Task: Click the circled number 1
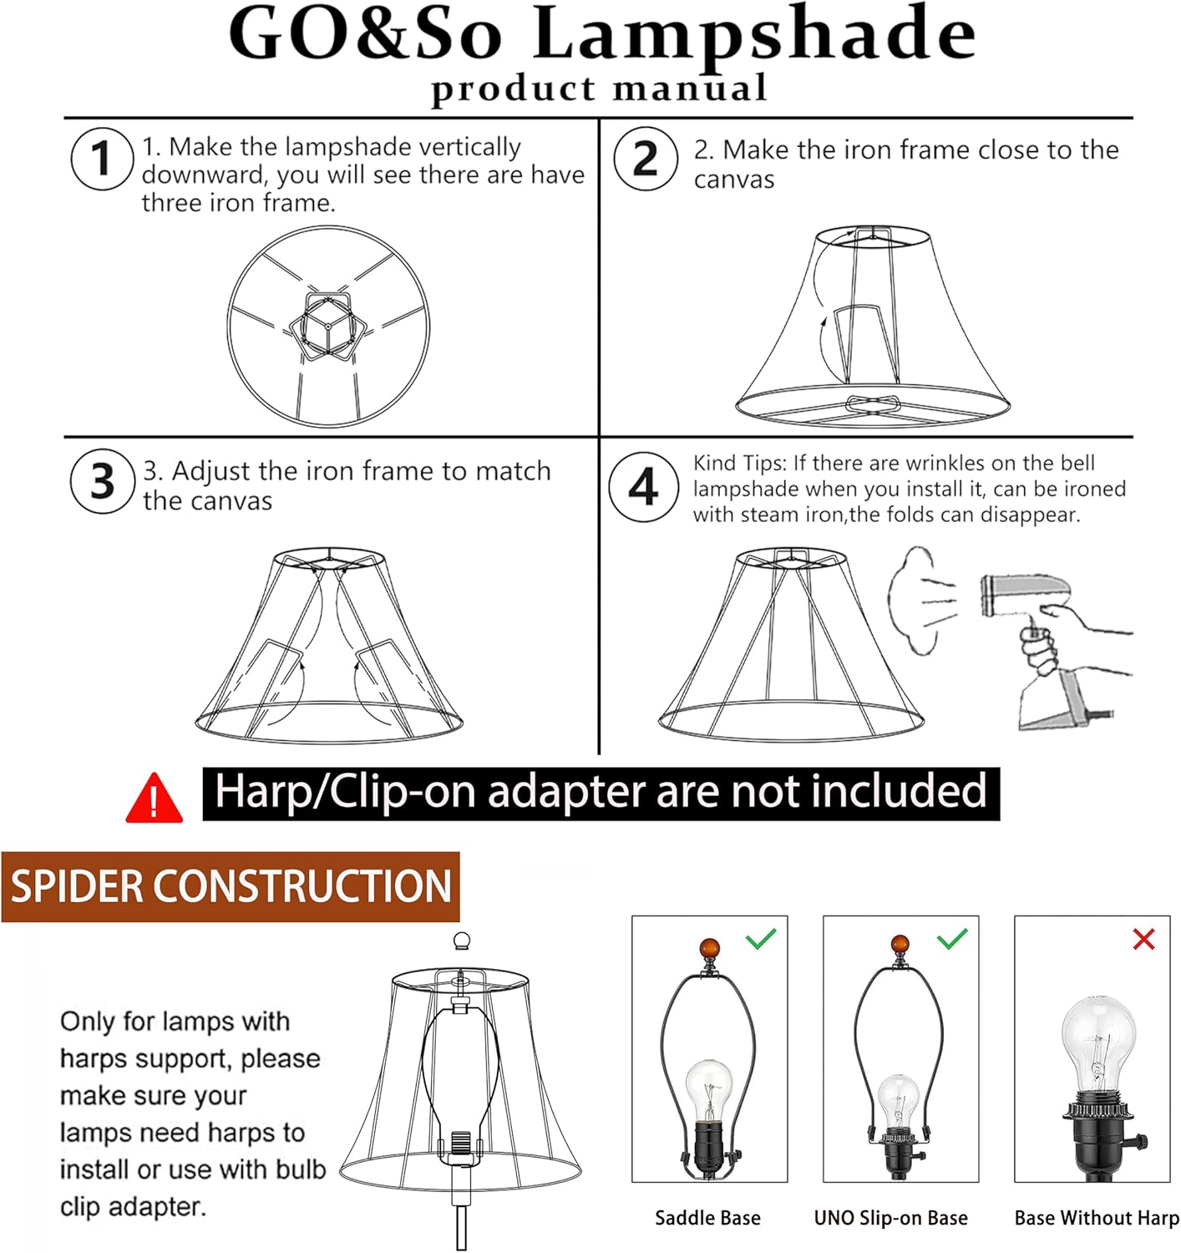[102, 159]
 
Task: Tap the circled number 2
[645, 159]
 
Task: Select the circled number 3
[102, 481]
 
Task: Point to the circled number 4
[643, 487]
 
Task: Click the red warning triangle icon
[154, 799]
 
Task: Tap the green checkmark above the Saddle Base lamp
[761, 940]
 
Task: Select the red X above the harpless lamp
[1143, 940]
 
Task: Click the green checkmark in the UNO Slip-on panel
[952, 940]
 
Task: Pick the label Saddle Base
[707, 1218]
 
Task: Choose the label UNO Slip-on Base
[890, 1218]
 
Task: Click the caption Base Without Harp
[1097, 1218]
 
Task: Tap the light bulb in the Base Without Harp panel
[1097, 1040]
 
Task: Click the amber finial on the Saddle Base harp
[709, 950]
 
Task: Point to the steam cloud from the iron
[919, 601]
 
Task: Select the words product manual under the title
[598, 89]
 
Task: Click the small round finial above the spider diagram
[460, 942]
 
